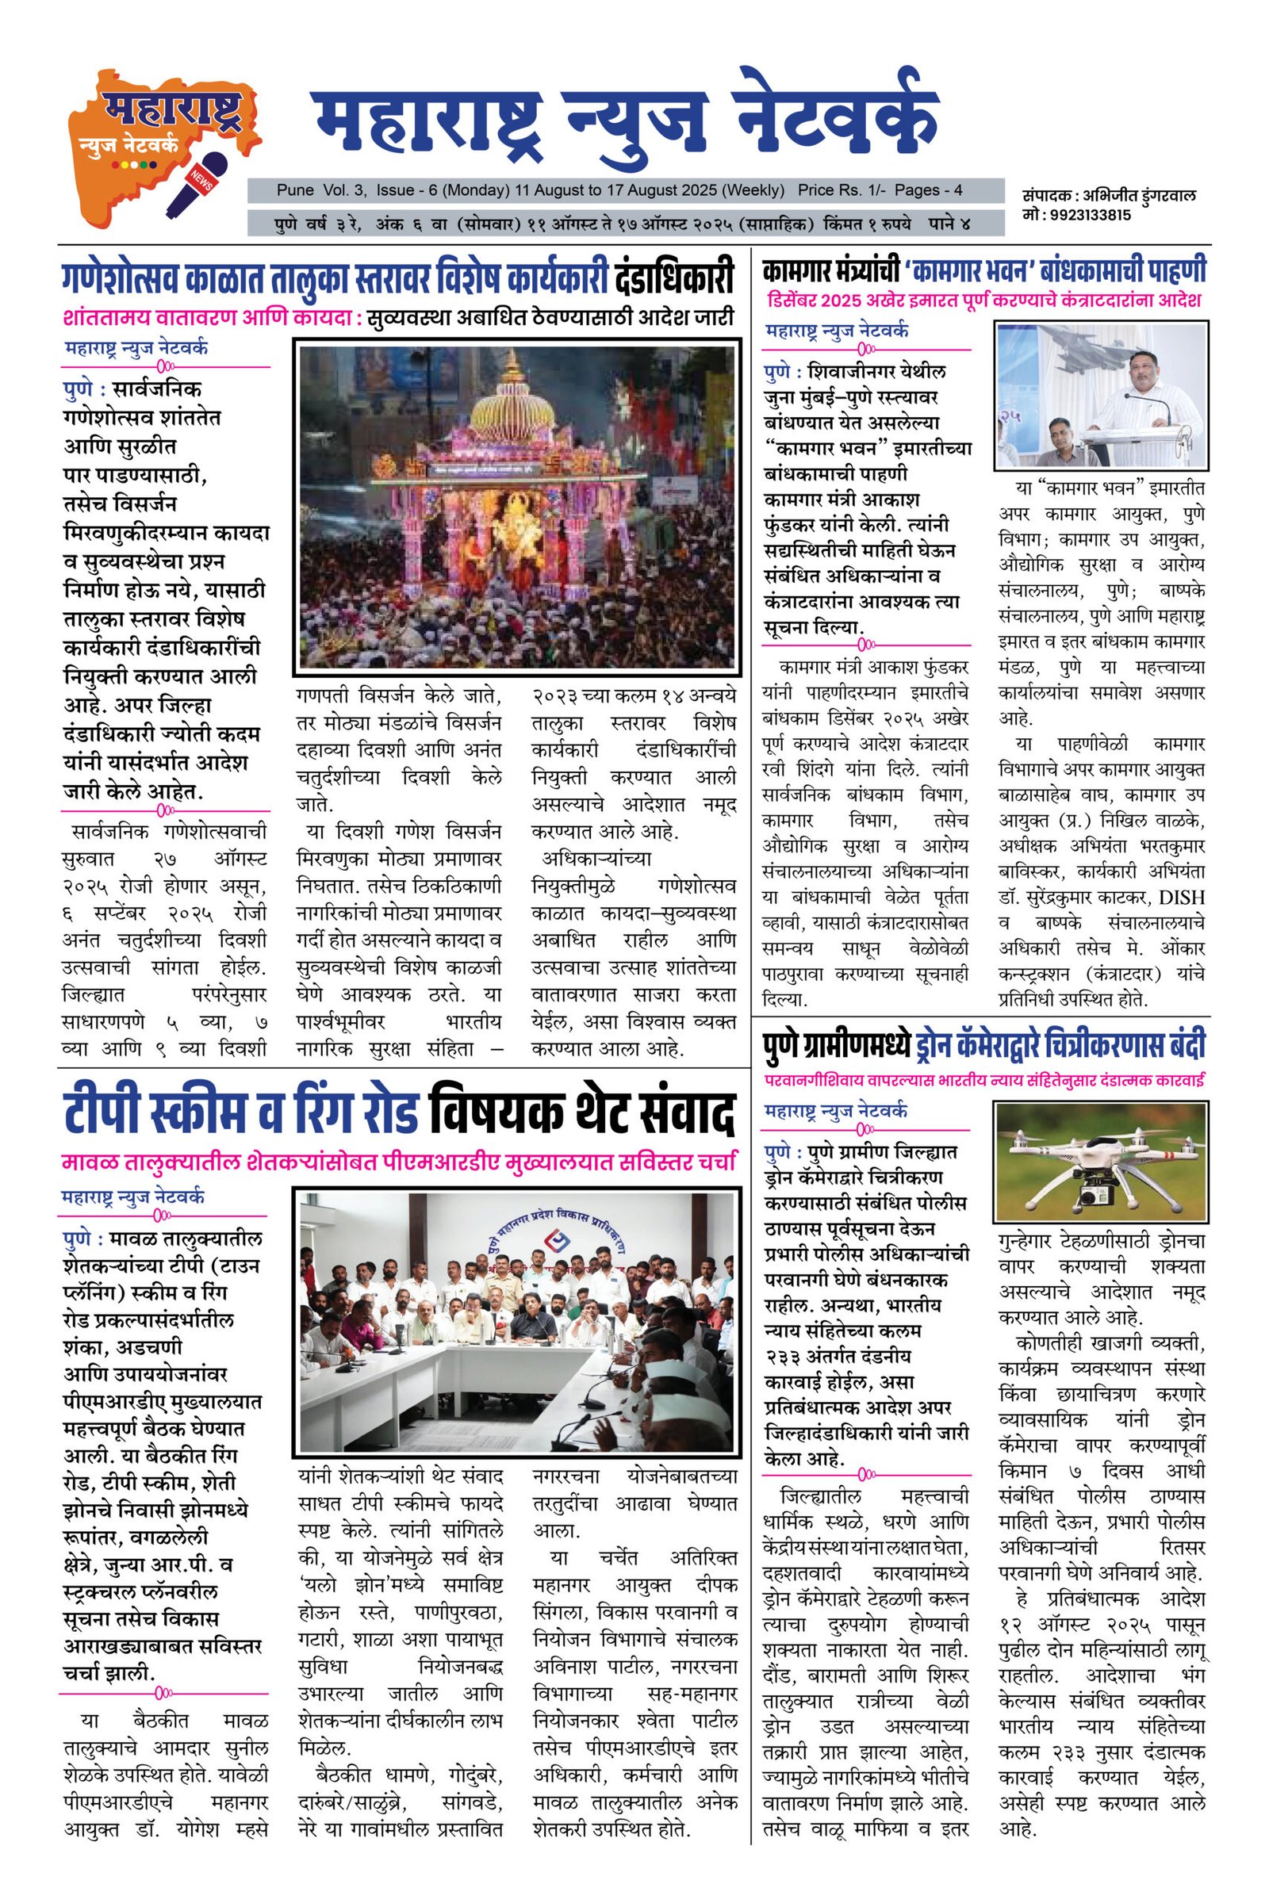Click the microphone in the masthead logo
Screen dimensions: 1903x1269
(197, 184)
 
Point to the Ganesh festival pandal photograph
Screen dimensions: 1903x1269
(518, 507)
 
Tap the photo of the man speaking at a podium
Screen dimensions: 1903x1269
(1101, 396)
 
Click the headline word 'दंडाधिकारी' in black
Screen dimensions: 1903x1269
(673, 278)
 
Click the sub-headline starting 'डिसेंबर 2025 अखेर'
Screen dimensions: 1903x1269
(983, 301)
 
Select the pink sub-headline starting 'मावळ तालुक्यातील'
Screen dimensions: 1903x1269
(398, 1162)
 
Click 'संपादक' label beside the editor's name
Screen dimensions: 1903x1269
(1048, 197)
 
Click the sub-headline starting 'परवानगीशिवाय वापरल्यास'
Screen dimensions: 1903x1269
(983, 1079)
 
